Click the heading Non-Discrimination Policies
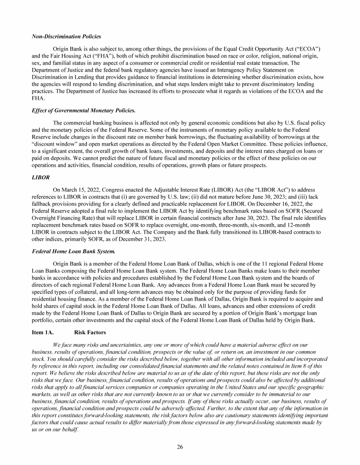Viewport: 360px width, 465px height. pos(66,37)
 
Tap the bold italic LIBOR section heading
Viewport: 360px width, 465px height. pos(40,177)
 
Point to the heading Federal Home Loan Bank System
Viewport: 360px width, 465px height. pos(74,251)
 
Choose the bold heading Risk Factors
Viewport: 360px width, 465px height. pos(90,332)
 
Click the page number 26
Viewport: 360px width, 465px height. pos(180,446)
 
